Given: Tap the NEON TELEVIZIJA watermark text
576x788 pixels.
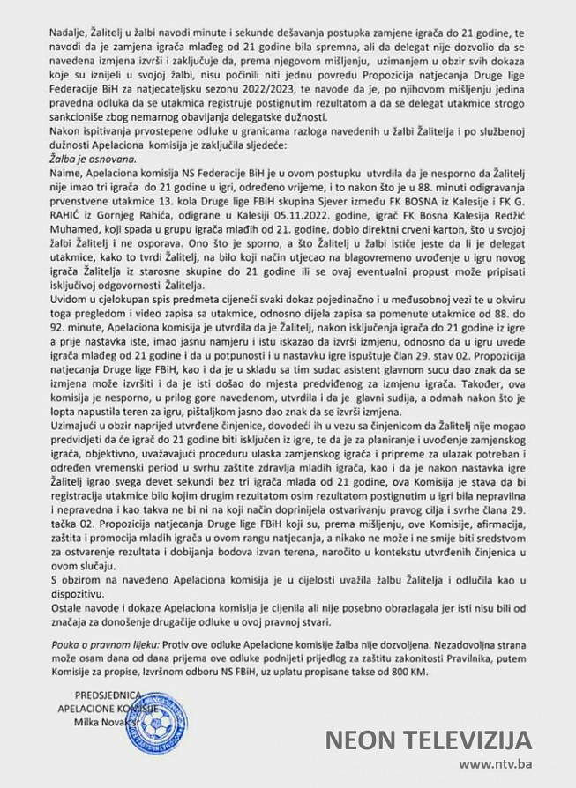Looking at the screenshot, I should click(x=427, y=739).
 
